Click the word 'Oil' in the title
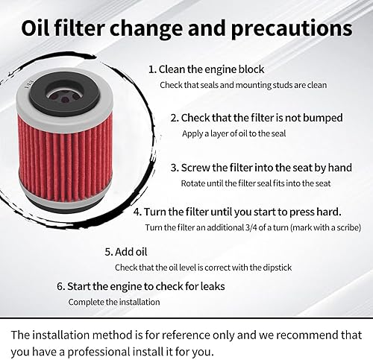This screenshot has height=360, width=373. click(x=43, y=29)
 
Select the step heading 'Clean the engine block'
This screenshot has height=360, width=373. click(x=212, y=69)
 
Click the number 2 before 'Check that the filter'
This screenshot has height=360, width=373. click(x=174, y=118)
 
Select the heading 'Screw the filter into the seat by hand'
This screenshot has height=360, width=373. click(x=260, y=168)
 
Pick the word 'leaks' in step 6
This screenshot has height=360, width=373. click(x=210, y=286)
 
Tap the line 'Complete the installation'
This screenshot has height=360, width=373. click(x=113, y=302)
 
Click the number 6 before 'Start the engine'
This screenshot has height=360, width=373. click(x=60, y=286)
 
